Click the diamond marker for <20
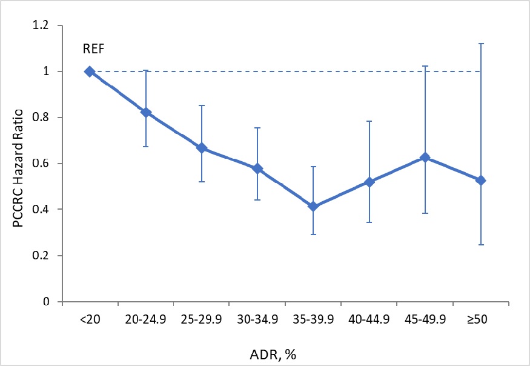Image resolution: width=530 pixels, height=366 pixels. click(90, 72)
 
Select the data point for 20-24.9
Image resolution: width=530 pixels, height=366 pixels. click(146, 113)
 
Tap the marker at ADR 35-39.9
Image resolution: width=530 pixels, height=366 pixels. click(313, 207)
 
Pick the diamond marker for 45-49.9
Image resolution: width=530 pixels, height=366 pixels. click(425, 158)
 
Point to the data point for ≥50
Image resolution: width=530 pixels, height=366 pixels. click(481, 181)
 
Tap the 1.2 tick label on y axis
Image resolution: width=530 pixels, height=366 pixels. click(41, 26)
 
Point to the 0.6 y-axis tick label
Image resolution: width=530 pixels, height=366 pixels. click(41, 164)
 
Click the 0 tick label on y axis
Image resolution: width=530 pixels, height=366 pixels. click(46, 302)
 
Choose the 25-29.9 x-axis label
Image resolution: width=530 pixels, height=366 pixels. click(201, 319)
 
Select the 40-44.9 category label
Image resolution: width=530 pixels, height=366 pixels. click(369, 319)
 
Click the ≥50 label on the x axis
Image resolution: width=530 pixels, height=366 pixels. click(481, 319)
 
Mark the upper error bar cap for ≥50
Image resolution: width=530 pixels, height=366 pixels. click(481, 44)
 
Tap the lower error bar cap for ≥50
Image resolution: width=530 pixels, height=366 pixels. click(481, 245)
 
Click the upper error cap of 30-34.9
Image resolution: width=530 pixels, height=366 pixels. click(257, 128)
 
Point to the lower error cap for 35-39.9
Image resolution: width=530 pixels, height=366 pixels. click(313, 235)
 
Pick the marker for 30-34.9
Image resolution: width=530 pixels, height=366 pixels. click(257, 168)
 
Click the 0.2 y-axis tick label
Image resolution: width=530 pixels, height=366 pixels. click(41, 256)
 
